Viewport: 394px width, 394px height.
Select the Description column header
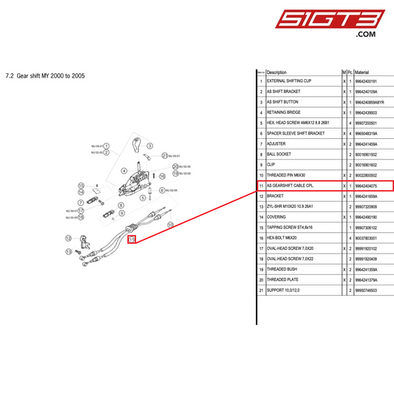pos(276,72)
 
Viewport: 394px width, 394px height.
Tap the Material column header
pos(365,72)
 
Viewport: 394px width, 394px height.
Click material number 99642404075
pos(370,186)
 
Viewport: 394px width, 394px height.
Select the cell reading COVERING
pos(277,217)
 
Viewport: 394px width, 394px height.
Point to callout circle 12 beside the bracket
pos(67,238)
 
